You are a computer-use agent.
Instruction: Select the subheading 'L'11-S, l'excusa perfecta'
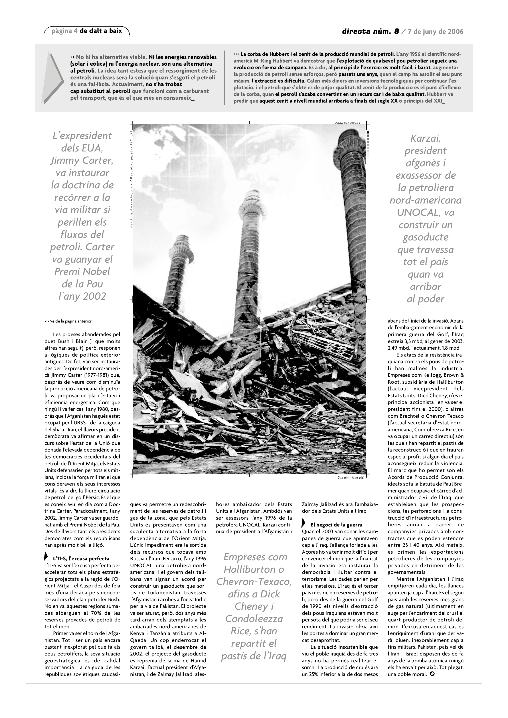point(81,558)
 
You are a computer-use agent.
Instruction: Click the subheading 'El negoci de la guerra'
point(336,524)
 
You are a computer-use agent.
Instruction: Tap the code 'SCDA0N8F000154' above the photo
point(347,123)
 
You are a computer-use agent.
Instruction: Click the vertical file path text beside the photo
point(132,178)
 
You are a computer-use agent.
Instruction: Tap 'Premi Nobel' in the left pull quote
point(82,271)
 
